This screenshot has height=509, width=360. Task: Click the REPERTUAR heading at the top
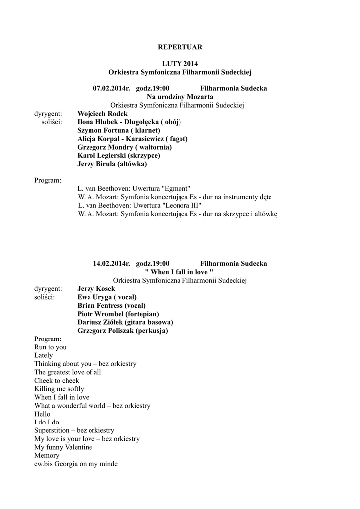click(180, 47)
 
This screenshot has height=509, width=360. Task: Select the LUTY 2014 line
click(180, 64)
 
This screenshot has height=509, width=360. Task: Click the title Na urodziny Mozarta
click(180, 97)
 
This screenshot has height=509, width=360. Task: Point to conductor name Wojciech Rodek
click(102, 114)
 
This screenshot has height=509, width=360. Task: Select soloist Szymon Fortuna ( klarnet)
click(118, 130)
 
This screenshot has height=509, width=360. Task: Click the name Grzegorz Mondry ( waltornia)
click(124, 147)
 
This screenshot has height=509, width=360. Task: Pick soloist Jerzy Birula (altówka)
click(112, 164)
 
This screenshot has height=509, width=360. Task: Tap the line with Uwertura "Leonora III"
click(139, 205)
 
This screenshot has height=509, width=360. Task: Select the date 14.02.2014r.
click(111, 263)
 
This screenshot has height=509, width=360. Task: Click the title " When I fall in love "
click(179, 272)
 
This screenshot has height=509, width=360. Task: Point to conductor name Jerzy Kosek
click(96, 289)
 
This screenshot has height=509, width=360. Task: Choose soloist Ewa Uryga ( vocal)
click(107, 297)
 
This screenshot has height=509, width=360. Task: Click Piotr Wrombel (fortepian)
click(118, 314)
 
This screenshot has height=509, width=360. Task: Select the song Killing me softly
click(59, 389)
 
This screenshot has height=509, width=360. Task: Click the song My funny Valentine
click(63, 447)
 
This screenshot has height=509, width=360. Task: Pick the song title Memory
click(47, 455)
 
